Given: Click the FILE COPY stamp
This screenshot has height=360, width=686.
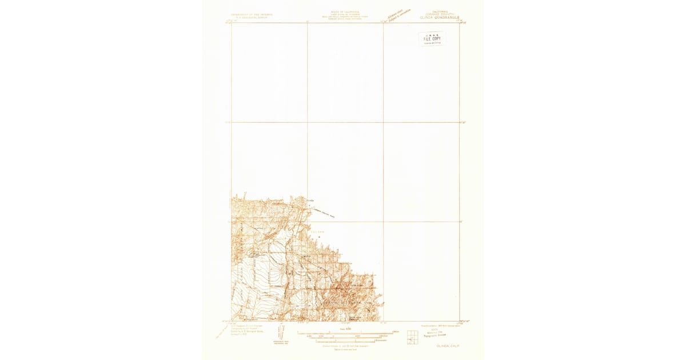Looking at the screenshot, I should tap(432, 38).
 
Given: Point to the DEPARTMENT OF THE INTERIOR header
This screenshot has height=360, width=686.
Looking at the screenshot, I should tap(252, 14).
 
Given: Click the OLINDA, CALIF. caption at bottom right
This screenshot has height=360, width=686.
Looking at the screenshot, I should tap(448, 346).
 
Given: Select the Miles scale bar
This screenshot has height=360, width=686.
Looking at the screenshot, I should tap(345, 332).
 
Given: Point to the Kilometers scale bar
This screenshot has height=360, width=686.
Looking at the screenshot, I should tap(345, 341).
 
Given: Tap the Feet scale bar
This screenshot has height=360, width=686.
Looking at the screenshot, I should tap(345, 337).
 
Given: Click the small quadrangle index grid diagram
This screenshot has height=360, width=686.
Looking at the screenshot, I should tap(412, 337).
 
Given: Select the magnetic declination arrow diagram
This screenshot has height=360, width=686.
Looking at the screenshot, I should tap(280, 334).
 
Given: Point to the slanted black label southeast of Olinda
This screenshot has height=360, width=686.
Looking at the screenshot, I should tap(323, 213).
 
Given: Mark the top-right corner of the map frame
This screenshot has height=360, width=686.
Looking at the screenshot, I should tap(459, 23).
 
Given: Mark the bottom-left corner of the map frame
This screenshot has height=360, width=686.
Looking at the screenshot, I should tap(232, 321).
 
